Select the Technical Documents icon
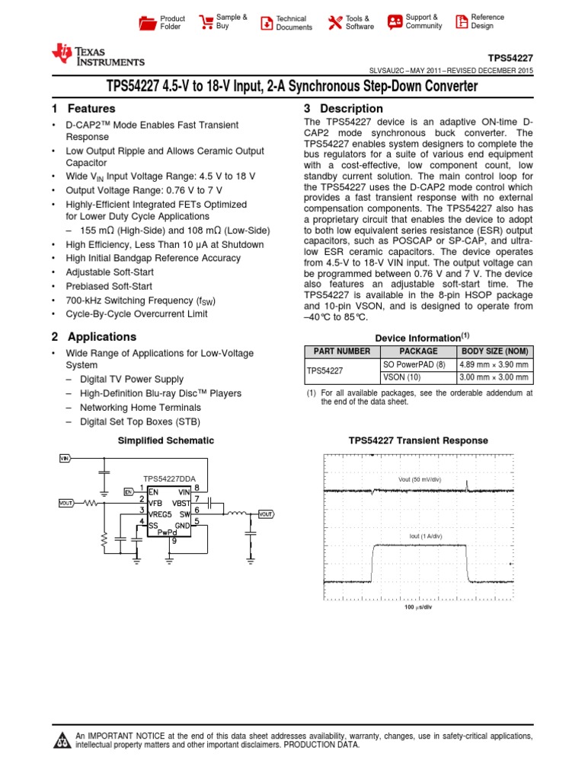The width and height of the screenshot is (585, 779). point(266,22)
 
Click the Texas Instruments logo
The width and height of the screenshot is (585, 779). point(97,55)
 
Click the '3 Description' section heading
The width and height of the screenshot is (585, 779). point(344,109)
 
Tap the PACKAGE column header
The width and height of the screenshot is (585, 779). point(418,351)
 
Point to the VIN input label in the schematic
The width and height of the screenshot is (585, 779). point(65,458)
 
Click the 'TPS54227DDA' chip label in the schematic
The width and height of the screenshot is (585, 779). point(168,479)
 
